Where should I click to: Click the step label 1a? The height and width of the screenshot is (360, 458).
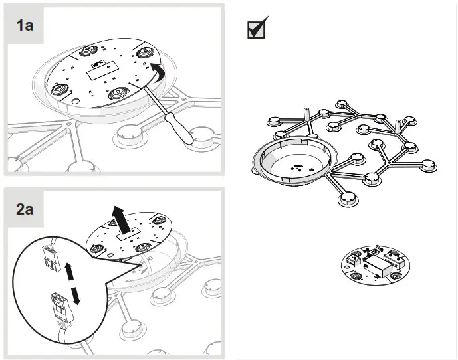26,26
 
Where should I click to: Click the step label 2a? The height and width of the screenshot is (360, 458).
26,209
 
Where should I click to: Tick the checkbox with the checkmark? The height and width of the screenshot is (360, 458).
257,28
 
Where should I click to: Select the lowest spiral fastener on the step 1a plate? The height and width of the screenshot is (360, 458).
117,92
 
